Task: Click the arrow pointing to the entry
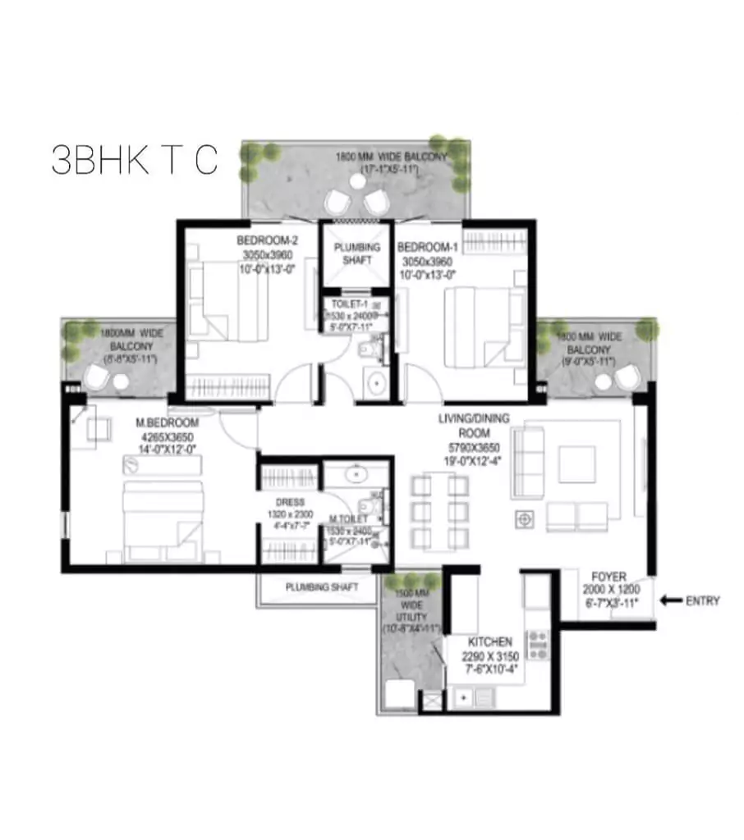pyautogui.click(x=672, y=601)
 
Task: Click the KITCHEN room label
pyautogui.click(x=490, y=641)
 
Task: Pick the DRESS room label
pyautogui.click(x=290, y=502)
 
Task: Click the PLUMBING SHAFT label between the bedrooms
pyautogui.click(x=356, y=253)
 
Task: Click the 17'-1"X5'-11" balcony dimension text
pyautogui.click(x=390, y=169)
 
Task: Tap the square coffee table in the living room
pyautogui.click(x=576, y=464)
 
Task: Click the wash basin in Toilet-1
pyautogui.click(x=376, y=383)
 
